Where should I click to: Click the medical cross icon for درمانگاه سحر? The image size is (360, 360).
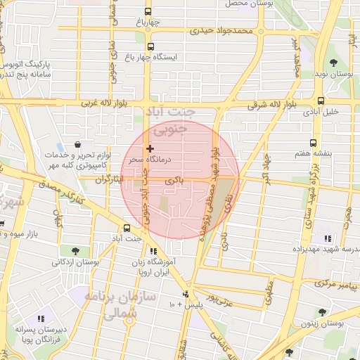click(149, 148)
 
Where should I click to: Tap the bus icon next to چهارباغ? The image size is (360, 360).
click(148, 12)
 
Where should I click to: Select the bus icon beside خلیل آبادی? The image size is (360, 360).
click(321, 101)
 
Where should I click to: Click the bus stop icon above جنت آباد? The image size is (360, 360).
click(127, 228)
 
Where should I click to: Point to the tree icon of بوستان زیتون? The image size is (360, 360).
click(322, 312)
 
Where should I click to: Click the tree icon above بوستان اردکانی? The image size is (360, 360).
click(74, 250)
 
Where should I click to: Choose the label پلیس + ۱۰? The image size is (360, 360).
click(186, 304)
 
